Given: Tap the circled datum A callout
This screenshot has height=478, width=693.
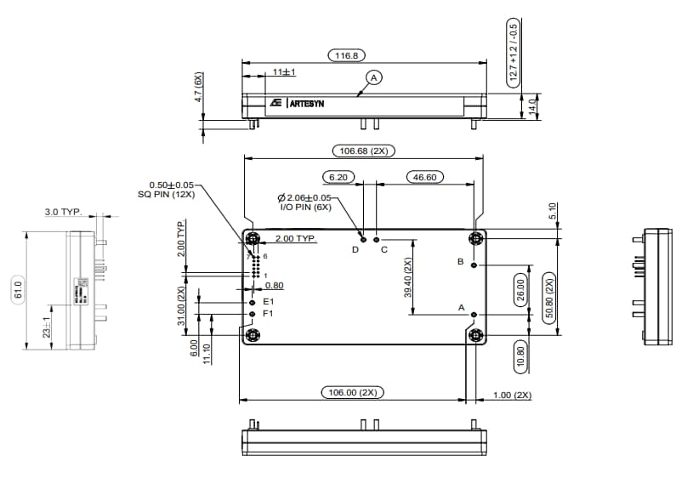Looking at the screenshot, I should tap(372, 77).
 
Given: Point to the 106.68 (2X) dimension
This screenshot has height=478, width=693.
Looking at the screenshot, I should tap(363, 151).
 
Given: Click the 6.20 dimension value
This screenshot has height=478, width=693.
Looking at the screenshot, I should tap(338, 177).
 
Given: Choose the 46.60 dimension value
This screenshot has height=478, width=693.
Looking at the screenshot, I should tap(425, 177).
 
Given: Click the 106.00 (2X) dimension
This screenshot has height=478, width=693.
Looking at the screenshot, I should tap(352, 392).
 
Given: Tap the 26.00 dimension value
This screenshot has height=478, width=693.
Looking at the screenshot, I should tap(520, 290).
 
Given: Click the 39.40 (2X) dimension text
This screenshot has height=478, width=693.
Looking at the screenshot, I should tap(409, 277).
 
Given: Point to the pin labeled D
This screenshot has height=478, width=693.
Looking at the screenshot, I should tap(362, 239).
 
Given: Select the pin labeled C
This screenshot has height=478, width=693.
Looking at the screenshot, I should tap(376, 239).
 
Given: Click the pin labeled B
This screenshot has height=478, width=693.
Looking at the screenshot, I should tap(474, 265).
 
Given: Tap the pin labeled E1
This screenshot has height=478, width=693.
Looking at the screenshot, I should tap(252, 302).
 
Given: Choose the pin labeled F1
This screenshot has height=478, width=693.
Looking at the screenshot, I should tap(252, 314).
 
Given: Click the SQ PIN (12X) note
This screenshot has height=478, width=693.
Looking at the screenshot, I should tap(167, 194).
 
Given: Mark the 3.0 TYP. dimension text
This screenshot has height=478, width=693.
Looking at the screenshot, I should tap(64, 211).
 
